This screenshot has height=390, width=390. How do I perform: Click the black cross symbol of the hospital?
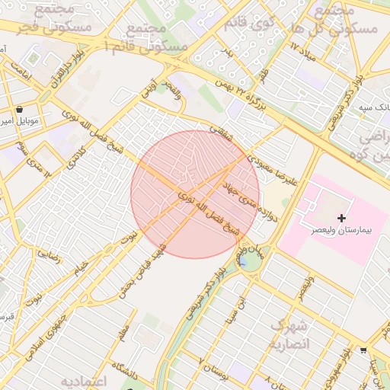click(342, 219)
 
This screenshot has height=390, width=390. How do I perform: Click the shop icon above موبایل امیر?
click(20, 110)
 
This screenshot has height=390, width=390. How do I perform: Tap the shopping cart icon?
click(363, 351)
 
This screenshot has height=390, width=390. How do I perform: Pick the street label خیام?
click(79, 269)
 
